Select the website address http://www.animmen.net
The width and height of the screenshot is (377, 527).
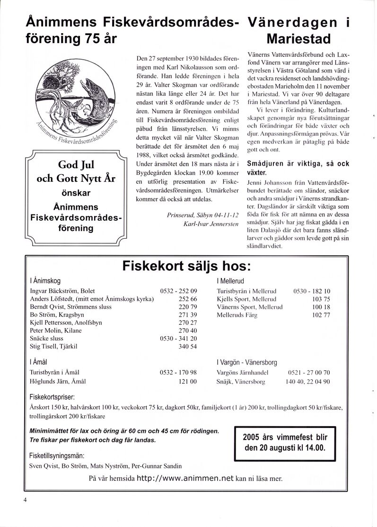tap(185, 478)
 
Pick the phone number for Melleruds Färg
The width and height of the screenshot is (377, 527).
tap(321, 315)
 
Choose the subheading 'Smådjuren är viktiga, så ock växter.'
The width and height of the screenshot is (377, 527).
tap(298, 168)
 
